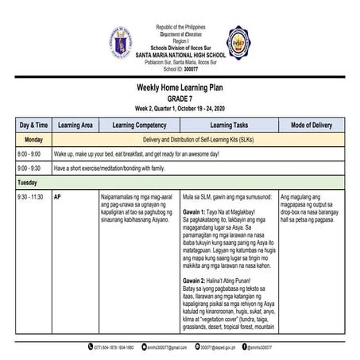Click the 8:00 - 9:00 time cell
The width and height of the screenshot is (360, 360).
29,153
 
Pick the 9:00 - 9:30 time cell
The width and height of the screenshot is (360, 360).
29,168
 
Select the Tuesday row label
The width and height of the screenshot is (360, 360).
28,182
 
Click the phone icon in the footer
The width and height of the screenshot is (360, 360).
90,347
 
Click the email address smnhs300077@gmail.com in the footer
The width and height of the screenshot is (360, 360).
168,347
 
